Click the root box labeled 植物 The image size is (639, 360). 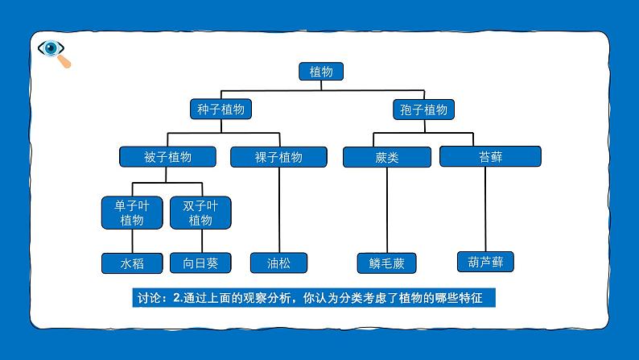[321, 72]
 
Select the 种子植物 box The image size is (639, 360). [221, 110]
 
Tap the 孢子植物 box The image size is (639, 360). [424, 110]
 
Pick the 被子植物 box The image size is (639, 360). [167, 157]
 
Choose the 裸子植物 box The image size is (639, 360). [278, 157]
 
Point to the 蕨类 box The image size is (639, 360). [387, 157]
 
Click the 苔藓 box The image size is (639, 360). [491, 156]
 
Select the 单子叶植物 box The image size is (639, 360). [132, 213]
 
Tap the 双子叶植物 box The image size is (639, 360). [200, 213]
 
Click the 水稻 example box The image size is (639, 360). [132, 263]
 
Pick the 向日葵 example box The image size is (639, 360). [200, 263]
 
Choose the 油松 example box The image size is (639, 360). [278, 263]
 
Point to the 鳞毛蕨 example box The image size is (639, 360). [387, 263]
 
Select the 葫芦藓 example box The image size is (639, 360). [485, 262]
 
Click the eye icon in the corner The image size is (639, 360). [51, 48]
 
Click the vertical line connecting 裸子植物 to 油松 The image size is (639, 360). [279, 210]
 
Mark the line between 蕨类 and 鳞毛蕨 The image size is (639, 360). [387, 210]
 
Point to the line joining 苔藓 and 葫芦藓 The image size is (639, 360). [485, 209]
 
